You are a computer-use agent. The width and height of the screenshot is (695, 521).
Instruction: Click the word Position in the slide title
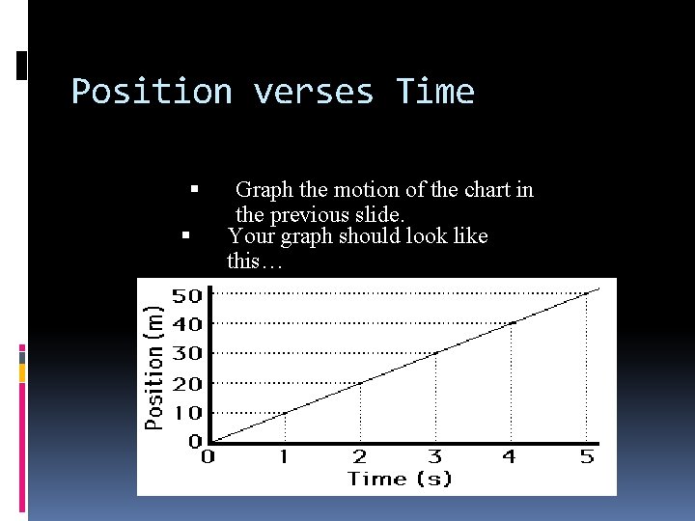click(152, 92)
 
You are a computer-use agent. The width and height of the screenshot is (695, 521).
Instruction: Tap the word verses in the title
click(313, 92)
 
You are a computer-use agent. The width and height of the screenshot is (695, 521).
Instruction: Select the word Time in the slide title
click(435, 92)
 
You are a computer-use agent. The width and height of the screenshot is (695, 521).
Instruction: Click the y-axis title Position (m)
click(154, 367)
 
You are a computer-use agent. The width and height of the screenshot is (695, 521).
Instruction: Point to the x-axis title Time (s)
click(400, 479)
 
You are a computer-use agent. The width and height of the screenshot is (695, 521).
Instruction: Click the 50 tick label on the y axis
click(187, 294)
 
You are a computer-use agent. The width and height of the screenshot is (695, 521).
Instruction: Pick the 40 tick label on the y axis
click(187, 324)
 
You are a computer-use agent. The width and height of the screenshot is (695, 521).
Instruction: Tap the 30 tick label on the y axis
click(187, 353)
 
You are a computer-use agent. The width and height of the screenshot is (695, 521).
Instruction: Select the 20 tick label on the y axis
click(187, 383)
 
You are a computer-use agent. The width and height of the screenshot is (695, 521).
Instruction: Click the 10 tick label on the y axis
click(187, 413)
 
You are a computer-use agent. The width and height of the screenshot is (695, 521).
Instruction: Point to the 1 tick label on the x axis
click(284, 456)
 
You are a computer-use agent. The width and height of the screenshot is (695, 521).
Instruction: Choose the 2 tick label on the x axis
click(359, 456)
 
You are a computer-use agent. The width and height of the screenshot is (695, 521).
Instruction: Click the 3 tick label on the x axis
click(435, 456)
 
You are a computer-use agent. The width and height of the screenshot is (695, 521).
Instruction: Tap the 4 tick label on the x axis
click(511, 456)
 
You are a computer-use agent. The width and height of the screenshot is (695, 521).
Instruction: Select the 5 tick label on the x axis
click(587, 456)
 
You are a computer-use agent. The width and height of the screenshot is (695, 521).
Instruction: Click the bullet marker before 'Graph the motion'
click(195, 190)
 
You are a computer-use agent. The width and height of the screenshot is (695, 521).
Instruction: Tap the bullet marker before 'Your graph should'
click(186, 235)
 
